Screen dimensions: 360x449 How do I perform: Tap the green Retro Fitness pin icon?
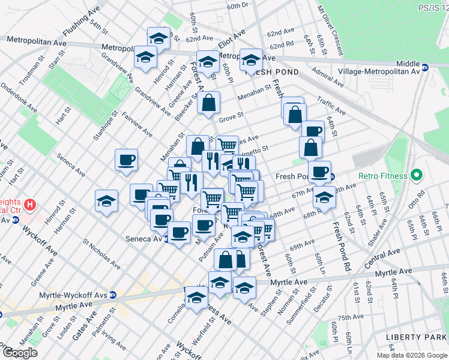pyautogui.click(x=414, y=176)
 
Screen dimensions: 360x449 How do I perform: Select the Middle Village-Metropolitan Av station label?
pyautogui.click(x=408, y=67)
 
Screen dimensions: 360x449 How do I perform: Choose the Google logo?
pyautogui.click(x=20, y=353)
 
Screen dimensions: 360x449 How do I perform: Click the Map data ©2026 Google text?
pyautogui.click(x=411, y=355)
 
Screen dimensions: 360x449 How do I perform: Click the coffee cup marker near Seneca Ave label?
pyautogui.click(x=178, y=232)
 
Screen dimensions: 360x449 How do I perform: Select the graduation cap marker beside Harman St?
pyautogui.click(x=145, y=57)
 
